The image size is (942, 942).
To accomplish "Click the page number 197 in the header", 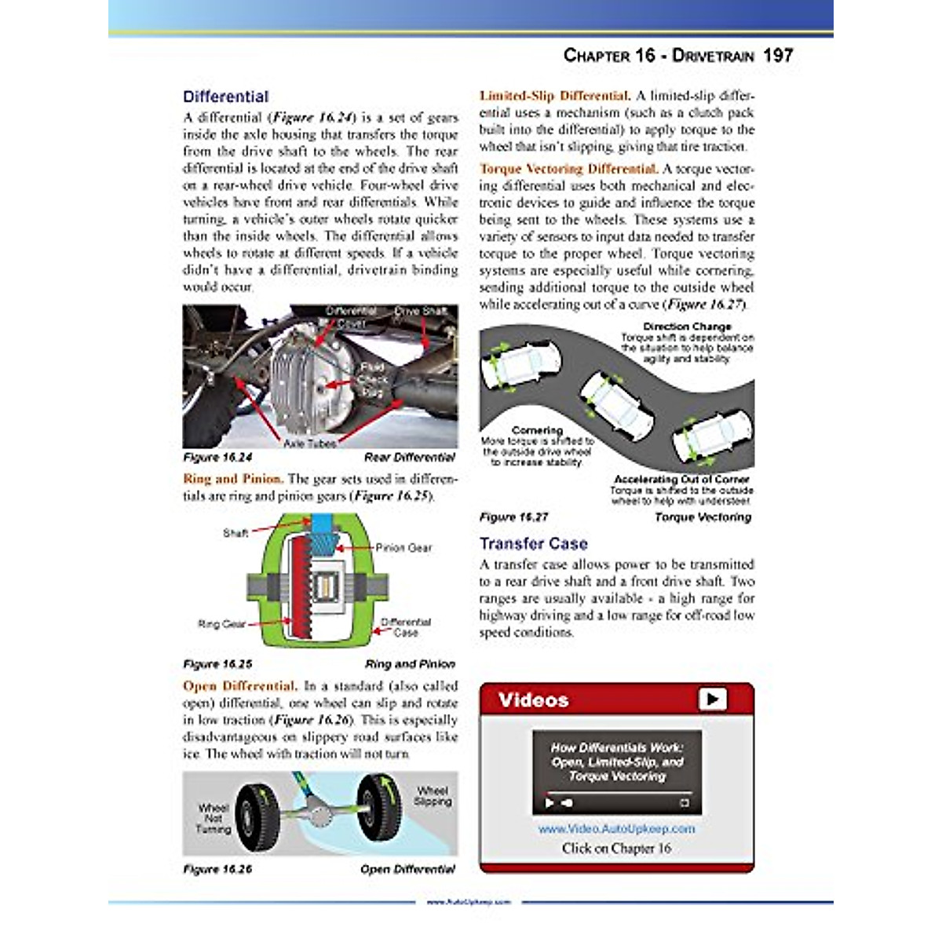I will click(x=777, y=56).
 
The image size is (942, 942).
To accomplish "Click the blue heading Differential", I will click(x=225, y=97).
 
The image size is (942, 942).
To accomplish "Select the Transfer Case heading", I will click(x=533, y=543).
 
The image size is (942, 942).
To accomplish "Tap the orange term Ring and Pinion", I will click(x=232, y=479).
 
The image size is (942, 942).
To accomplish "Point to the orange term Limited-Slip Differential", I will click(x=554, y=96).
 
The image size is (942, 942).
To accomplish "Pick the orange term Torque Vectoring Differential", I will click(x=568, y=169).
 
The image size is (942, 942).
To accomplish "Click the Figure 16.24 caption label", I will click(x=217, y=457).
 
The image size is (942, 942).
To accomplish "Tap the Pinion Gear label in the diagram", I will click(x=403, y=547).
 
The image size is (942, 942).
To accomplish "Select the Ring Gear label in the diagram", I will click(x=221, y=624).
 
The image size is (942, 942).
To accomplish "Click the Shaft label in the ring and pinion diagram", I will click(x=235, y=533).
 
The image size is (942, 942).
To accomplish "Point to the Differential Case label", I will click(x=406, y=626).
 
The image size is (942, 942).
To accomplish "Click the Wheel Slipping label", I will click(x=433, y=796).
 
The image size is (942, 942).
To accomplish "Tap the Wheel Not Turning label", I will click(x=214, y=818).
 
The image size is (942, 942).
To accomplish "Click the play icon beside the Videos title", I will click(x=712, y=699).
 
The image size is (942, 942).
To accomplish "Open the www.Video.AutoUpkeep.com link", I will click(x=616, y=828).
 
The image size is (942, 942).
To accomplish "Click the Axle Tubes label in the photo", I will click(x=309, y=444).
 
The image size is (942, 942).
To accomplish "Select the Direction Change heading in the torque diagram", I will click(x=687, y=326).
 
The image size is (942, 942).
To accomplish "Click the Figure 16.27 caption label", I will click(x=513, y=517).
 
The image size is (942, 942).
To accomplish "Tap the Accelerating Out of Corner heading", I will click(x=681, y=479).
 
